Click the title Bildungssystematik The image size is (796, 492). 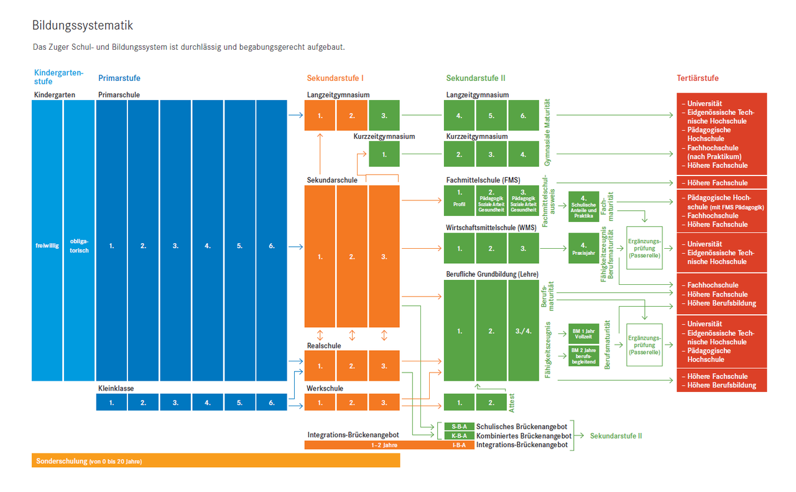pyautogui.click(x=83, y=26)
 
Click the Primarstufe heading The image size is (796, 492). pyautogui.click(x=119, y=78)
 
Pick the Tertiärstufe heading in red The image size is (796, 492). pyautogui.click(x=698, y=78)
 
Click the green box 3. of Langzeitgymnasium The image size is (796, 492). pyautogui.click(x=384, y=116)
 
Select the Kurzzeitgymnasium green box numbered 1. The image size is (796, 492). pyautogui.click(x=384, y=154)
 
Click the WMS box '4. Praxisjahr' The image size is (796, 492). pyautogui.click(x=583, y=248)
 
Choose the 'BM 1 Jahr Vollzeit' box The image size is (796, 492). pyautogui.click(x=583, y=333)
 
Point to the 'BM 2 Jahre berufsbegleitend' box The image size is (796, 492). pyautogui.click(x=583, y=355)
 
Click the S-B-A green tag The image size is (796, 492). pyautogui.click(x=459, y=427)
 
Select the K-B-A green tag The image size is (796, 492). pyautogui.click(x=459, y=436)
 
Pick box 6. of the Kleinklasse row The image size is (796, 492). pyautogui.click(x=272, y=403)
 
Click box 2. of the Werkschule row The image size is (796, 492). pyautogui.click(x=352, y=403)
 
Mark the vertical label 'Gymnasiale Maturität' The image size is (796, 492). pyautogui.click(x=548, y=132)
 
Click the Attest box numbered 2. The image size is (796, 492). pyautogui.click(x=491, y=403)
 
